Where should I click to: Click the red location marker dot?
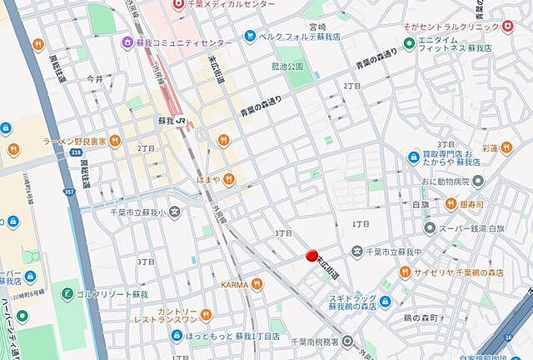point(312,257)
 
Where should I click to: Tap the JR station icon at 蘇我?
point(181,121)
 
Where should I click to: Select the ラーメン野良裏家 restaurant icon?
point(116,141)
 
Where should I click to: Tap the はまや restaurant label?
point(207,179)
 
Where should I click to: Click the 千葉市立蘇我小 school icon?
point(174,212)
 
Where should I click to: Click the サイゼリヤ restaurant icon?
point(405,271)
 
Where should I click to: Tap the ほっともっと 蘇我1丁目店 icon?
point(176,335)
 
